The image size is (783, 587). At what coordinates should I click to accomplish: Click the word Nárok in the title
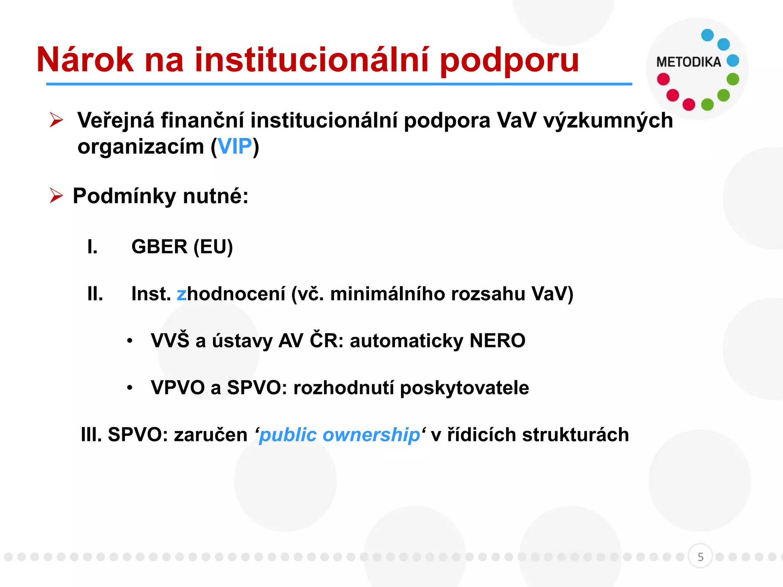point(85,60)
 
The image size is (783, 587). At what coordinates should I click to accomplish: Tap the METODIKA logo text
point(688,62)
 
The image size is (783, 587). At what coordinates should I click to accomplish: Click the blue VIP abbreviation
point(235,146)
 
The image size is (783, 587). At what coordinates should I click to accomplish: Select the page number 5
point(700,557)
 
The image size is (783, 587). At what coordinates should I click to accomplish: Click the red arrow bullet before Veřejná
point(56,120)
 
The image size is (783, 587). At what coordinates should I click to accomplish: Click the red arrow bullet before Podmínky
point(56,196)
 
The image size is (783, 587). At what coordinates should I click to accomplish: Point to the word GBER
point(159,246)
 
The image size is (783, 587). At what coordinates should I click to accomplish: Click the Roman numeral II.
point(95,294)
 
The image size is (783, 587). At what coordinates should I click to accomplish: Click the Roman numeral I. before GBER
point(92,246)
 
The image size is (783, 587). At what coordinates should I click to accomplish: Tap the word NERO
point(497,341)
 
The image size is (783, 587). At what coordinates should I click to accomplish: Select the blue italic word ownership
point(371,435)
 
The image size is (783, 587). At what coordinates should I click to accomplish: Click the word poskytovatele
point(464,388)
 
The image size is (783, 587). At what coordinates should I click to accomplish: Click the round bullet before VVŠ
point(130,341)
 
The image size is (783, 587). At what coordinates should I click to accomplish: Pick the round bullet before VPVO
point(130,388)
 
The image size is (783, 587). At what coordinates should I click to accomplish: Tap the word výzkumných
point(608,120)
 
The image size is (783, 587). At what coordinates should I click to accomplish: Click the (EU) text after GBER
point(213,246)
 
